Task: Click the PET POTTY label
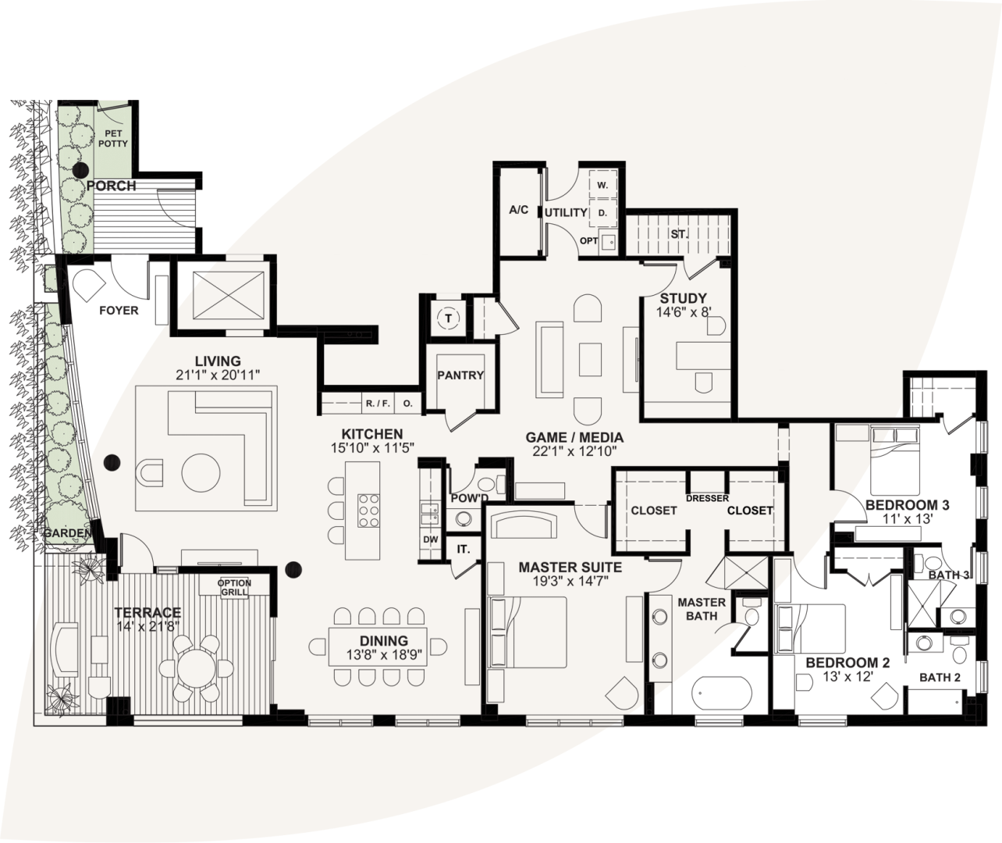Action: tap(112, 139)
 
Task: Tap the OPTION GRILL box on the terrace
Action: tap(234, 588)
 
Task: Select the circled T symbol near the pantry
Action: tap(448, 318)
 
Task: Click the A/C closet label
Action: tap(519, 210)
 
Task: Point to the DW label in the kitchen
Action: tap(430, 539)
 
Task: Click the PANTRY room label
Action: tap(460, 375)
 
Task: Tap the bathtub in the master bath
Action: tap(722, 692)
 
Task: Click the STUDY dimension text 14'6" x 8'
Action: tap(683, 311)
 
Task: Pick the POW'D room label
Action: tap(469, 499)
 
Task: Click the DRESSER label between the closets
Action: tap(707, 499)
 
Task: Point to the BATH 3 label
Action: tap(949, 575)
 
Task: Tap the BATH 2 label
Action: tap(940, 677)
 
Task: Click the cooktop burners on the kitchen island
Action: tap(368, 510)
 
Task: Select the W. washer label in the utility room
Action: tap(602, 186)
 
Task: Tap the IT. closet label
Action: tap(464, 550)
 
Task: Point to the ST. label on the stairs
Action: tap(677, 233)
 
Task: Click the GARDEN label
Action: tap(66, 533)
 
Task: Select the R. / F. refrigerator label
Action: tap(378, 404)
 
